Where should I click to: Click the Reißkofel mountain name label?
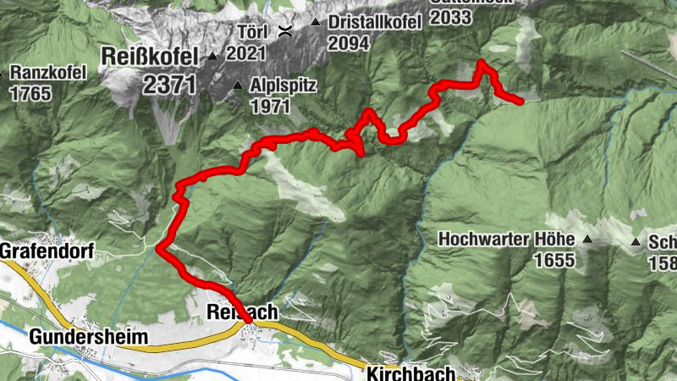(x=148, y=57)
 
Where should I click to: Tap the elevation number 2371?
(x=169, y=84)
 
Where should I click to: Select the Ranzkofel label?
(x=49, y=73)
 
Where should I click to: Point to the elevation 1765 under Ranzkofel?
(x=30, y=92)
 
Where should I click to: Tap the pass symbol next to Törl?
(x=286, y=33)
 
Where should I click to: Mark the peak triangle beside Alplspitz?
(x=238, y=86)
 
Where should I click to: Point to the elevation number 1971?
(x=269, y=107)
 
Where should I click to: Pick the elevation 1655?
(x=554, y=260)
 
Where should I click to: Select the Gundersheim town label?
(x=88, y=337)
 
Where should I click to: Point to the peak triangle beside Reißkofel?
(x=212, y=58)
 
